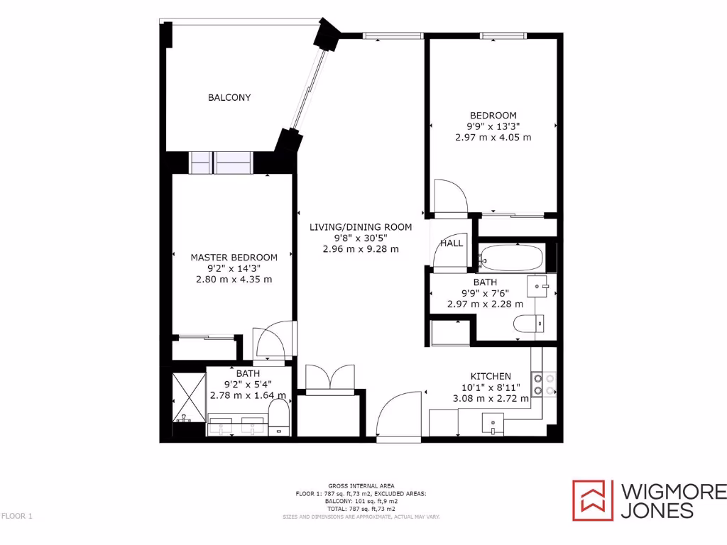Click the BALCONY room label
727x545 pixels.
tap(229, 98)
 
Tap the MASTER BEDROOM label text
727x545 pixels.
tap(234, 257)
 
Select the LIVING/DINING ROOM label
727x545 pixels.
tap(360, 227)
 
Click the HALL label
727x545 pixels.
tap(452, 243)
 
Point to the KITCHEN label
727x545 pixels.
tap(491, 376)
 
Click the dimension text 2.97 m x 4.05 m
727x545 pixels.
tap(493, 138)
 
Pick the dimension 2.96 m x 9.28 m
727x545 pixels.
tap(360, 249)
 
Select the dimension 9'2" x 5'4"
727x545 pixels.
tap(248, 385)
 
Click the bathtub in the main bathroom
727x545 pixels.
tap(510, 257)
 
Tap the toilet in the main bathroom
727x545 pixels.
tap(528, 324)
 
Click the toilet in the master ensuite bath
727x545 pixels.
tap(281, 416)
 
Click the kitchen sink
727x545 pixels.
tap(493, 424)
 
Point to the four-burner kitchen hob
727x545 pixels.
tap(543, 384)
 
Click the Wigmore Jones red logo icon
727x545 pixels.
tap(592, 500)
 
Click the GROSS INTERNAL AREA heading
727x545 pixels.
tap(361, 485)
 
